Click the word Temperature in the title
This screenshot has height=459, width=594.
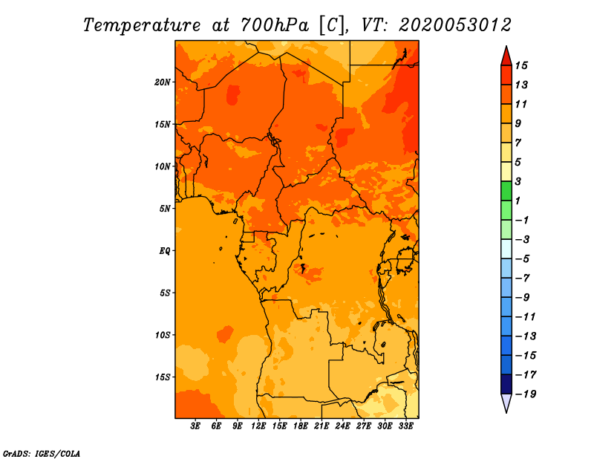[x=142, y=25]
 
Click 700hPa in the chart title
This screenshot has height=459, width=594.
[x=274, y=25]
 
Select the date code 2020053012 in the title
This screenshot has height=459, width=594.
[x=455, y=25]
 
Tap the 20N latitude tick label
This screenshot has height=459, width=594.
[x=163, y=82]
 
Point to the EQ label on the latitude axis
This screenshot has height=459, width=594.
[x=165, y=251]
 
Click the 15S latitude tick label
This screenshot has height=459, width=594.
[x=163, y=377]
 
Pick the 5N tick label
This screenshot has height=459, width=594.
[x=165, y=209]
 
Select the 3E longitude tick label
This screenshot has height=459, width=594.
[x=195, y=426]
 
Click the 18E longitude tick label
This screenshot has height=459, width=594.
[x=301, y=426]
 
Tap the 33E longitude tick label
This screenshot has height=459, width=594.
[x=405, y=426]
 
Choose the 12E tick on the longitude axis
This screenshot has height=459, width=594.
[x=258, y=426]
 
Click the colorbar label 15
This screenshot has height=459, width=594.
[x=521, y=65]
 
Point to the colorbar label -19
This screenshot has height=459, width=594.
[x=526, y=394]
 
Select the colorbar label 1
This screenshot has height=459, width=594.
[x=518, y=201]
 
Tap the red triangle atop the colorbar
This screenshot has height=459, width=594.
[x=506, y=56]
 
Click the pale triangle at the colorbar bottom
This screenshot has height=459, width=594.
[x=506, y=403]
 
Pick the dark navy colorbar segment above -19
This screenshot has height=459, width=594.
[x=506, y=384]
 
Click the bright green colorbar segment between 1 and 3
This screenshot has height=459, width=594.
[x=506, y=191]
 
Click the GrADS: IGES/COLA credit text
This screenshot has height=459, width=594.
[x=42, y=453]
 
